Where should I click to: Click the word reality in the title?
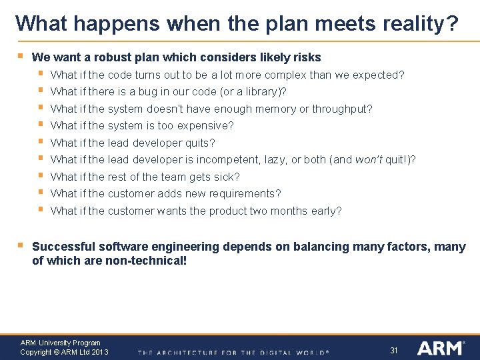(419, 24)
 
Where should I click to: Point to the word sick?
(227, 177)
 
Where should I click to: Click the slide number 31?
(393, 350)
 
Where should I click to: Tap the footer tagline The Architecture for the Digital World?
(233, 352)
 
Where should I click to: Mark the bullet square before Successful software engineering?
(19, 245)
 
